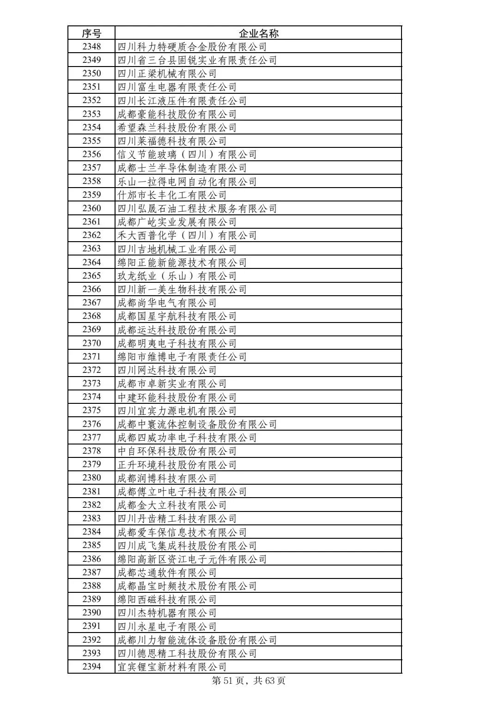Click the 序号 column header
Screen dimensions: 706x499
coord(91,33)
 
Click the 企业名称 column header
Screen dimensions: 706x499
coord(258,33)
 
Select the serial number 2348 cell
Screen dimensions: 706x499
coord(91,47)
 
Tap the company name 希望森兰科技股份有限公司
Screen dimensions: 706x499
coord(176,128)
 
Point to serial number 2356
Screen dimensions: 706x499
coord(91,154)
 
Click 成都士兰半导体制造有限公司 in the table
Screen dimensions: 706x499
coord(182,168)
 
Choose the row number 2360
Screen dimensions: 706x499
coord(91,208)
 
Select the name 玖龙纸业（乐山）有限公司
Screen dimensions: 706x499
coord(176,276)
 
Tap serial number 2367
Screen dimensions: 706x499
coord(91,303)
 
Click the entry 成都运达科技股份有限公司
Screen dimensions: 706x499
coord(176,330)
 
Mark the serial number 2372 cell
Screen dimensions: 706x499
coord(91,370)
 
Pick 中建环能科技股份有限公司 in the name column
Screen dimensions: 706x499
coord(176,397)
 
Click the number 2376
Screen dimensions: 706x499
coord(91,424)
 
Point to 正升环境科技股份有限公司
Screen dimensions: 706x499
coord(176,465)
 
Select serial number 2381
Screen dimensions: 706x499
coord(91,492)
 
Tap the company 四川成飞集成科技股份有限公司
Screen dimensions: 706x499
coord(187,546)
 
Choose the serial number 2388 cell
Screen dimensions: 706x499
coord(91,586)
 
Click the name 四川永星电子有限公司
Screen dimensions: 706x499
coord(167,627)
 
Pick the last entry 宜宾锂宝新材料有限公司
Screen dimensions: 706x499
coord(172,667)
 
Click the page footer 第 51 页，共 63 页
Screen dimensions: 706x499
coord(249,681)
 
